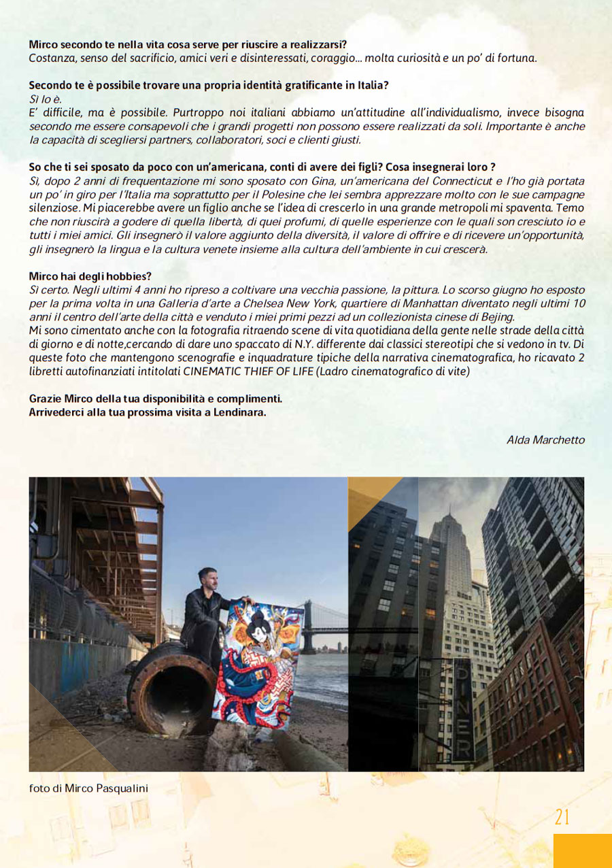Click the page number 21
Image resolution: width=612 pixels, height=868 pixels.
562,816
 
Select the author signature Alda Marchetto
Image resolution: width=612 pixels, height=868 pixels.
545,440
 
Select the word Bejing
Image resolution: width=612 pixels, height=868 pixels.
496,316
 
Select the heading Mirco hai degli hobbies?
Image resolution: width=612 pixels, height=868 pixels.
90,276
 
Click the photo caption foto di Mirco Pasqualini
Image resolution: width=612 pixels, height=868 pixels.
88,788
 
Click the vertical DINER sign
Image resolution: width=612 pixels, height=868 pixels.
464,707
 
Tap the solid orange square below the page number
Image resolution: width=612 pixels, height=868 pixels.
582,850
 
